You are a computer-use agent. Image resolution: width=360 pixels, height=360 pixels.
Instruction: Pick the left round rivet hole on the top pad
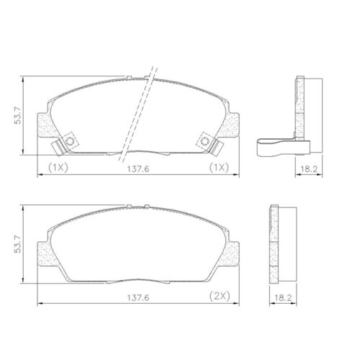71,141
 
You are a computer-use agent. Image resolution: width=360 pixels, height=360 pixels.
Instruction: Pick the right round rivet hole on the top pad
204,141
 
